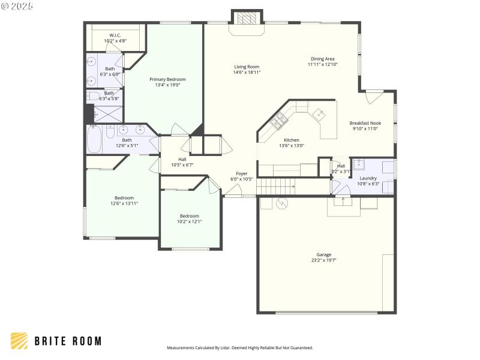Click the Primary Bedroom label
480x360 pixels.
coord(167,79)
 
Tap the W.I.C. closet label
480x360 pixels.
coord(115,35)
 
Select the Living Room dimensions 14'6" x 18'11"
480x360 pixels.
coord(247,73)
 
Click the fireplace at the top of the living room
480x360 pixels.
coord(247,19)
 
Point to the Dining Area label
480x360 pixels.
coord(322,59)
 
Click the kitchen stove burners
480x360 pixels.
coord(278,122)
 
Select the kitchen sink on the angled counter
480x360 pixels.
coord(318,113)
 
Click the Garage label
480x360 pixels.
coord(324,254)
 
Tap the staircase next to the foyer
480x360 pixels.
coord(277,187)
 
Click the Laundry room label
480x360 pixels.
coord(368,178)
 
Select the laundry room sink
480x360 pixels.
coord(358,164)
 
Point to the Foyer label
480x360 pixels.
coord(242,173)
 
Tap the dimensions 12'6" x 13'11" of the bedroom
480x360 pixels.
coord(124,203)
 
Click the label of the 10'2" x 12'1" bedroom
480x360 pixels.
coord(189,216)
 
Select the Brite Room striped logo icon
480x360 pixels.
coord(19,341)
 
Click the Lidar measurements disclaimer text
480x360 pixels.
coord(239,347)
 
